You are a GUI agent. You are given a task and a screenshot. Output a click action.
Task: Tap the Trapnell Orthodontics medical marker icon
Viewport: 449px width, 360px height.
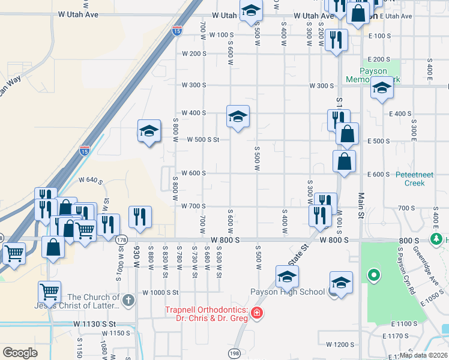point(257,313)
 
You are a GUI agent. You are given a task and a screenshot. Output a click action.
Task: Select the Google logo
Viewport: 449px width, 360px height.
point(20,353)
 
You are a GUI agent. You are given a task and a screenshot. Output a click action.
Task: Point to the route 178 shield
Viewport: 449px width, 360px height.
point(121,239)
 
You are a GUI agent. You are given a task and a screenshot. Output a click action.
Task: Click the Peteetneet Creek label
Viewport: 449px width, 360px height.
point(411,179)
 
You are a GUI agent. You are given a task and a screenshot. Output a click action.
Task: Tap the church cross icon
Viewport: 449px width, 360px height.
point(128,300)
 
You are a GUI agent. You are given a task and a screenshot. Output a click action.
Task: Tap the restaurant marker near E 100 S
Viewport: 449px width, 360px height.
point(336,40)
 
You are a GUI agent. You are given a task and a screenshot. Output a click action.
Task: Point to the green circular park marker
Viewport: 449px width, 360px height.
point(373,275)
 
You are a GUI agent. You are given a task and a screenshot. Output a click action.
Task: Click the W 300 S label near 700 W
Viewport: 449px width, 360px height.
point(194,85)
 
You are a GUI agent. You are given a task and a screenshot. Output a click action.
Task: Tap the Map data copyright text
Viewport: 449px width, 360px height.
point(423,355)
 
